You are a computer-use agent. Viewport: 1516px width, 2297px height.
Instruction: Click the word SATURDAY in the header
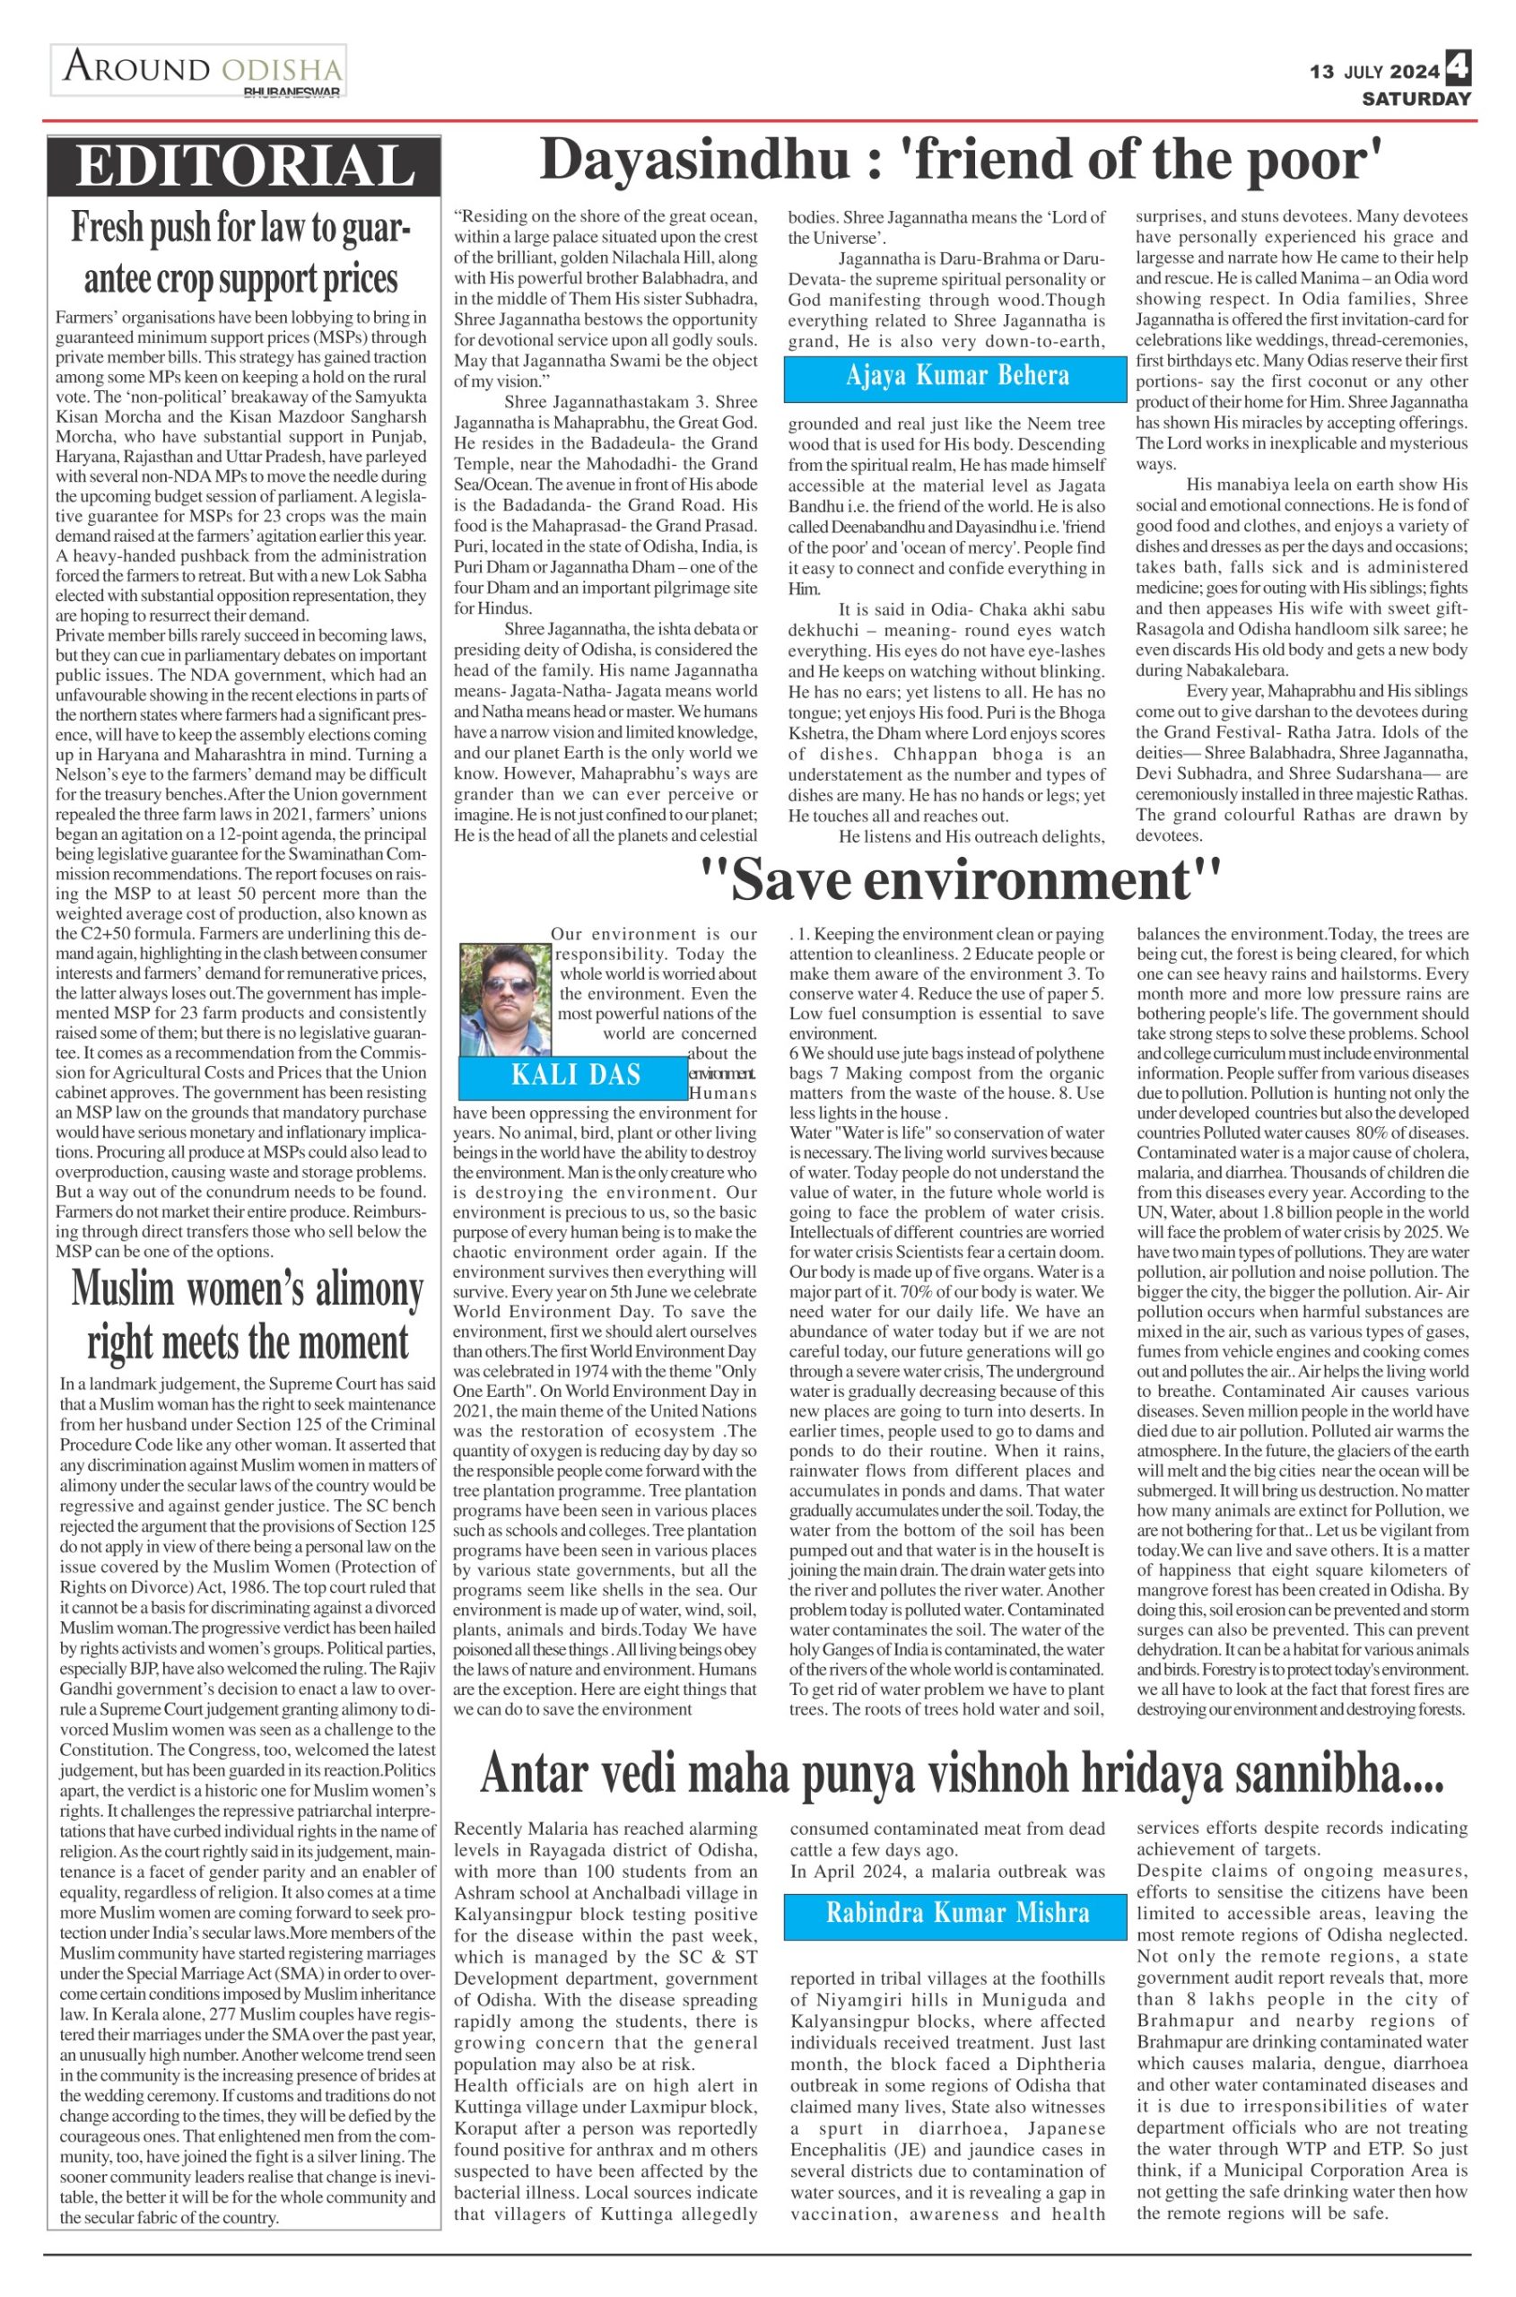point(1416,99)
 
